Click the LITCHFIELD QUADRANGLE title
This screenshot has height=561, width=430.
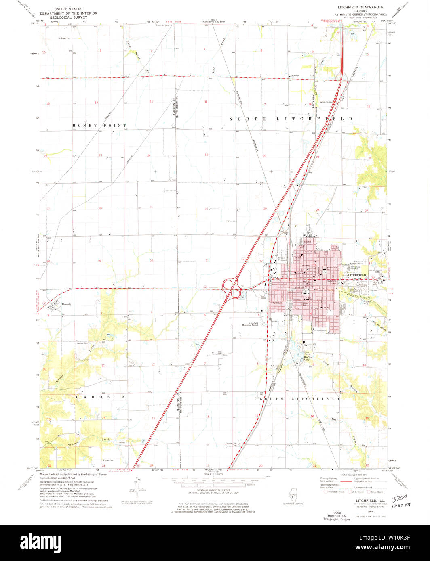point(360,7)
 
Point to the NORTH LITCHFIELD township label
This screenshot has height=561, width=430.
point(291,119)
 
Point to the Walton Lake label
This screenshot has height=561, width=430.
point(309,358)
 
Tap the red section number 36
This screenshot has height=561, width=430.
point(152,260)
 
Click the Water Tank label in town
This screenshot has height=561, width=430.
point(277,302)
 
